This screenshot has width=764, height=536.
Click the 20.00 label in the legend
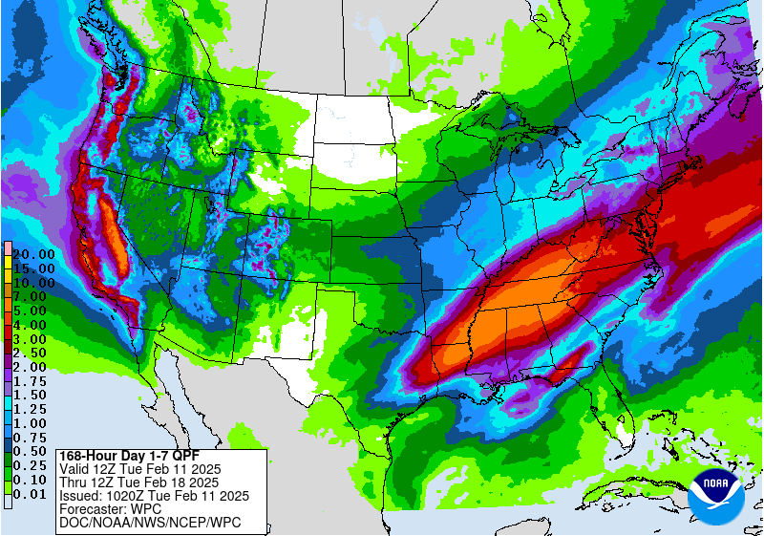[33, 254]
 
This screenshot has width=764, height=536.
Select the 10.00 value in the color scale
[33, 283]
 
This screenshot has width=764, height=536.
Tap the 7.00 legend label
[33, 297]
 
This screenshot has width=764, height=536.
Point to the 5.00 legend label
[33, 311]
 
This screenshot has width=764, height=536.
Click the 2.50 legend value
[33, 353]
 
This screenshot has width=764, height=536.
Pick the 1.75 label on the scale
[33, 381]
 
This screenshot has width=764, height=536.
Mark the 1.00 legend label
[33, 423]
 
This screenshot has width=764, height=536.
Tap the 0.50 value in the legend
[33, 451]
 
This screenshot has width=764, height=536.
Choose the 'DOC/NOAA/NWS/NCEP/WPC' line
[150, 523]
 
